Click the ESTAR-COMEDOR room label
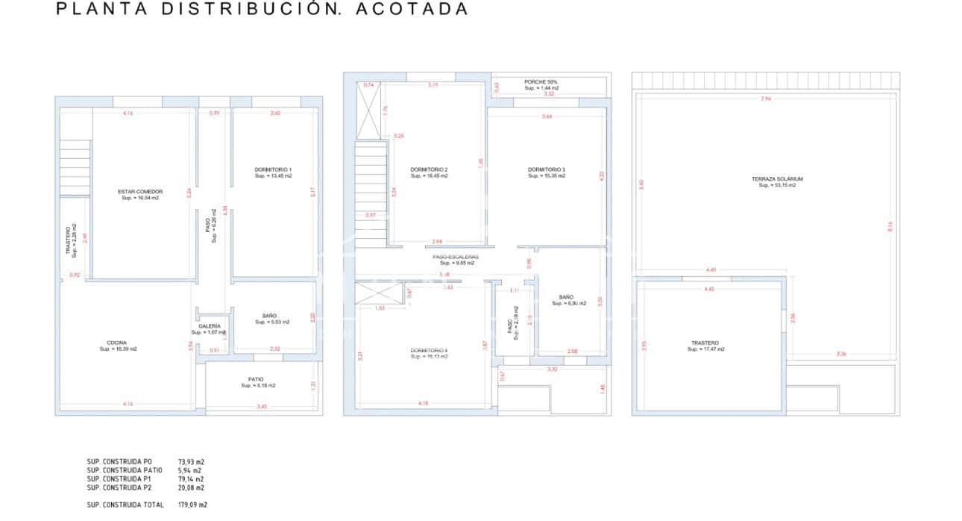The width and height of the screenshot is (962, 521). tap(140, 192)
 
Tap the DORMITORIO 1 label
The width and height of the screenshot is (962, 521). tap(273, 170)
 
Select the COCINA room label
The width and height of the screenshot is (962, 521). tap(117, 343)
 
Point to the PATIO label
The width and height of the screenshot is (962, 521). tap(257, 379)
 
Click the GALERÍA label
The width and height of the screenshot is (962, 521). tap(210, 326)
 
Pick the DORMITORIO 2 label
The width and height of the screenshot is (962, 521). tap(429, 170)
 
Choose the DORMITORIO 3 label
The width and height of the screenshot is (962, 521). tap(547, 170)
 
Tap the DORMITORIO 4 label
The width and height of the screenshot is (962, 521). tap(429, 350)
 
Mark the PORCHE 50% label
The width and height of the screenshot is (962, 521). tap(541, 82)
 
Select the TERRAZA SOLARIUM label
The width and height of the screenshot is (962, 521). tap(777, 179)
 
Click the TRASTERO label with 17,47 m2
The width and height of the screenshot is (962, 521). tap(705, 343)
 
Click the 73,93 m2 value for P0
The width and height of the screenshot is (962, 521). tap(191, 462)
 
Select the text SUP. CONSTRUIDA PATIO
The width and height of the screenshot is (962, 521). tap(125, 471)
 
